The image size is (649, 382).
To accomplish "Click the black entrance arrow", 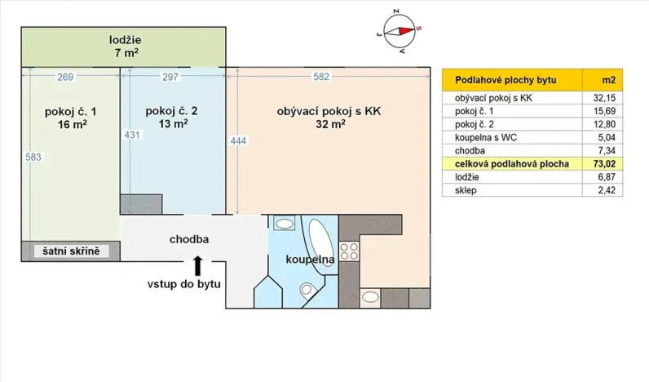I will coord(197,264).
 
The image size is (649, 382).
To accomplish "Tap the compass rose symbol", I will coord(400,29).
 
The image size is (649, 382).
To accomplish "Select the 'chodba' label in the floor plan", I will coord(189,240).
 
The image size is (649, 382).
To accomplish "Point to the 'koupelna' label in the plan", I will coord(310,260).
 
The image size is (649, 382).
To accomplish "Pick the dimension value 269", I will coord(66,78).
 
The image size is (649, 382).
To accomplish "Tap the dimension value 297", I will coord(170,78).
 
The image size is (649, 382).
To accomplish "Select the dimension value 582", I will coord(321,78).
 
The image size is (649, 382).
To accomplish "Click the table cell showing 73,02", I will coord(603,164).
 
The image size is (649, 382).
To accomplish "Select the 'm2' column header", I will coord(607,80).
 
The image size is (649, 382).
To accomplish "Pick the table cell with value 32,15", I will coord(603,98).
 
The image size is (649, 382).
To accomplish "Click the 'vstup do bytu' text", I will coord(183,283).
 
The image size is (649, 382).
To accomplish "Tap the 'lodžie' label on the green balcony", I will coord(126,40).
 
